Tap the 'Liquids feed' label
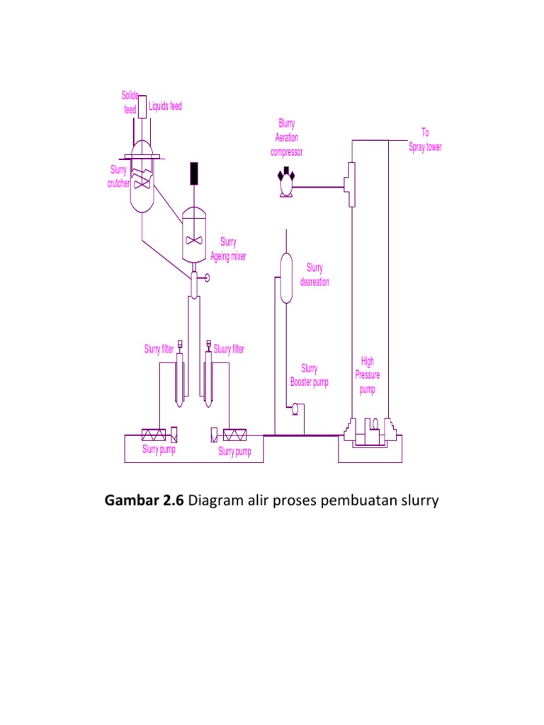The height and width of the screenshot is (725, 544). pyautogui.click(x=165, y=106)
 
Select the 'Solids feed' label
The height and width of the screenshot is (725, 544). pyautogui.click(x=129, y=103)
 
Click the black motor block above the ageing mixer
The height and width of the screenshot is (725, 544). pyautogui.click(x=193, y=172)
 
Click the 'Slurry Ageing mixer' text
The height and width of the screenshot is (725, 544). pyautogui.click(x=228, y=249)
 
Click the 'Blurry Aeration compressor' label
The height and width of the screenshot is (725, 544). pyautogui.click(x=286, y=137)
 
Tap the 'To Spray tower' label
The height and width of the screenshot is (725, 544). pyautogui.click(x=425, y=140)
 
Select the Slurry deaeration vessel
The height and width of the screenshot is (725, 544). pyautogui.click(x=285, y=278)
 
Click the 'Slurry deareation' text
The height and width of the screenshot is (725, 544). pyautogui.click(x=314, y=275)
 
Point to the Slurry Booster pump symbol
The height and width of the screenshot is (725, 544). pyautogui.click(x=293, y=408)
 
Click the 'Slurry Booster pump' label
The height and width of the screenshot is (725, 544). pyautogui.click(x=310, y=375)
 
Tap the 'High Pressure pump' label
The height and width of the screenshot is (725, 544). pyautogui.click(x=368, y=375)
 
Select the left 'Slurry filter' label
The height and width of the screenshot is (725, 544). pyautogui.click(x=159, y=349)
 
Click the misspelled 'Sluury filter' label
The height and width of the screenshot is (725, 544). pyautogui.click(x=229, y=349)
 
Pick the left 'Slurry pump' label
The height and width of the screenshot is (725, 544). pyautogui.click(x=159, y=450)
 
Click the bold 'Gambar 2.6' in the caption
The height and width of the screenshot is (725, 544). pyautogui.click(x=144, y=501)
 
